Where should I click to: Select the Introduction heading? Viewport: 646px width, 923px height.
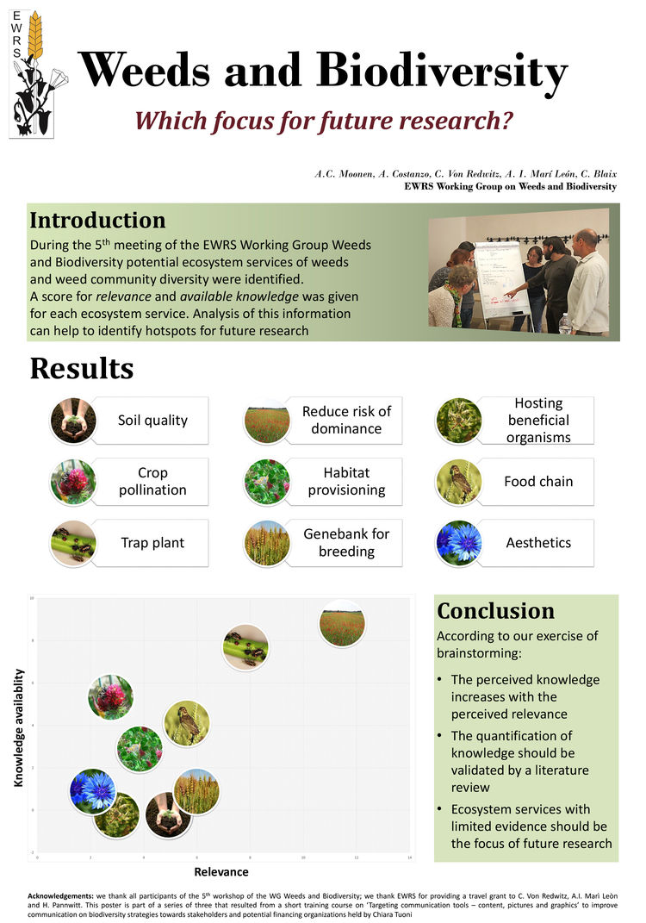click(x=97, y=220)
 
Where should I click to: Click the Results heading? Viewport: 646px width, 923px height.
click(x=82, y=368)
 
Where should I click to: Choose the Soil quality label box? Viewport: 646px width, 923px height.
click(x=152, y=421)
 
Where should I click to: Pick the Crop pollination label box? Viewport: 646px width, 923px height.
click(x=152, y=482)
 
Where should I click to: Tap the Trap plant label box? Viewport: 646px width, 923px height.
click(x=152, y=543)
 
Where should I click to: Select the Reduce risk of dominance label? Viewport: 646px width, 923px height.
click(x=346, y=421)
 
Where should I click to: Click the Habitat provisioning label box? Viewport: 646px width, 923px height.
click(x=346, y=482)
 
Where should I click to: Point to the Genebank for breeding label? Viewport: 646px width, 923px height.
click(x=346, y=543)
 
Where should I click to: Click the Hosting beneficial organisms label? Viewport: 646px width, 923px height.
click(x=538, y=421)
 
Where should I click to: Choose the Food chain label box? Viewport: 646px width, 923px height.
click(x=538, y=482)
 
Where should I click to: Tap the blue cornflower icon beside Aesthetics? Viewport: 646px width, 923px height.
click(x=458, y=543)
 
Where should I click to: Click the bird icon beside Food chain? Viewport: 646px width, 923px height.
click(x=458, y=482)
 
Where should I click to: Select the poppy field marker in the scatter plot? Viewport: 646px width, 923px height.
click(x=342, y=623)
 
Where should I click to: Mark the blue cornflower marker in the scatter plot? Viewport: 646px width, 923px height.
click(x=92, y=791)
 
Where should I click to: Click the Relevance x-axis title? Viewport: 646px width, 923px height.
click(x=221, y=872)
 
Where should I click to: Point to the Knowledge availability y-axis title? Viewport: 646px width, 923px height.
click(x=20, y=727)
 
